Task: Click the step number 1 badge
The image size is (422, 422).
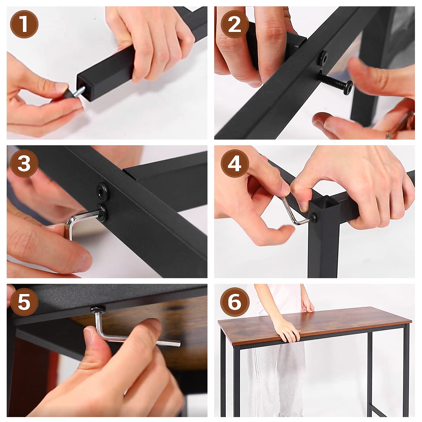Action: coord(24,24)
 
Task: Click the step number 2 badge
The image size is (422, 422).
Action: coord(235,24)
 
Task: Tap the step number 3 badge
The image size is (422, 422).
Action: coord(24,164)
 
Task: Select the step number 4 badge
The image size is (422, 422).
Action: coord(235,164)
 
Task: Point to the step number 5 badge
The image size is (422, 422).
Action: coord(24,302)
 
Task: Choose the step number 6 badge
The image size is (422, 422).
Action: coord(235,302)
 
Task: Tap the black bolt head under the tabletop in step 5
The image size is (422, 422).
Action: coord(98,309)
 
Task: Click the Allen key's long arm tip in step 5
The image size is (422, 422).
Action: coord(179,345)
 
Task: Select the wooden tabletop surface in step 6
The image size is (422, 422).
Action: coord(315,322)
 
